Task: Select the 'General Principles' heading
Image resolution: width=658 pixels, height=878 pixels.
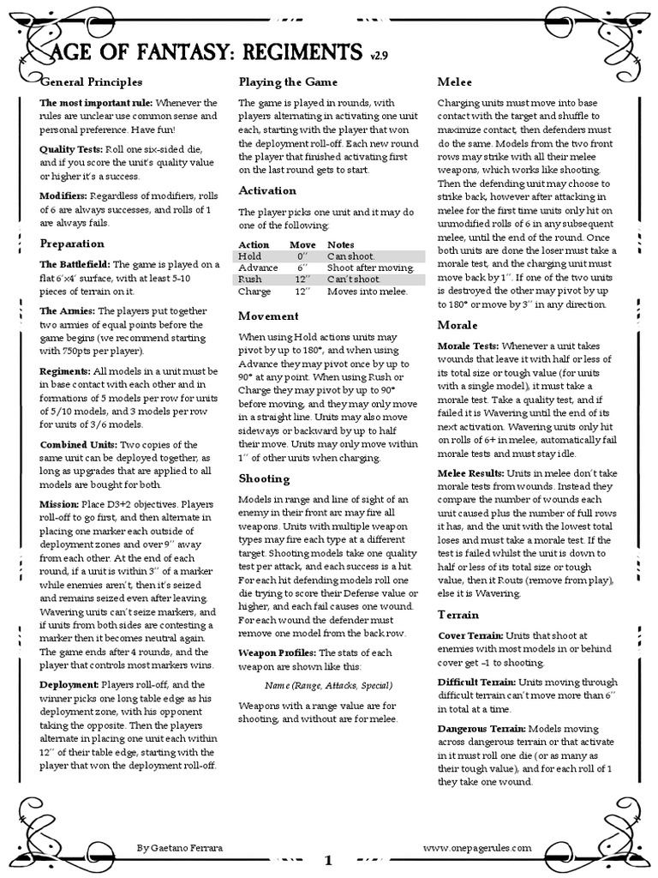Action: click(91, 81)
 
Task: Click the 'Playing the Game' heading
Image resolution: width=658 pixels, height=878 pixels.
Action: click(288, 81)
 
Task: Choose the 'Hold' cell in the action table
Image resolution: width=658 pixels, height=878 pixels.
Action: click(250, 256)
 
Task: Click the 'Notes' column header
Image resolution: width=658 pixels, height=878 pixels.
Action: click(341, 244)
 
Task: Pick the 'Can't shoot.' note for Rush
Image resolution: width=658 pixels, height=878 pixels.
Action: click(353, 279)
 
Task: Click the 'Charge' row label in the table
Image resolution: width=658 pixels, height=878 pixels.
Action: click(254, 291)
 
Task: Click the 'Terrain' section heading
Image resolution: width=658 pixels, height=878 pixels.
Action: click(458, 615)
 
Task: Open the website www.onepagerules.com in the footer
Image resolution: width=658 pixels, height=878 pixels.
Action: click(484, 846)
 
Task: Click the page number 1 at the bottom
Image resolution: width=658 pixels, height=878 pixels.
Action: click(328, 860)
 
